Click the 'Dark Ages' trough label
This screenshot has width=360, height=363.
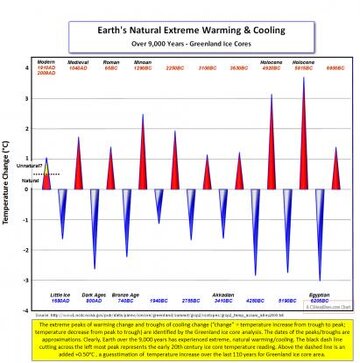[93, 296]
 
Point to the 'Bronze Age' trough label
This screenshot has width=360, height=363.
[126, 296]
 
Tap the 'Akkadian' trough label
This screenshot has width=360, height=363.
[224, 296]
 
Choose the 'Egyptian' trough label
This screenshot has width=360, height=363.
[320, 296]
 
